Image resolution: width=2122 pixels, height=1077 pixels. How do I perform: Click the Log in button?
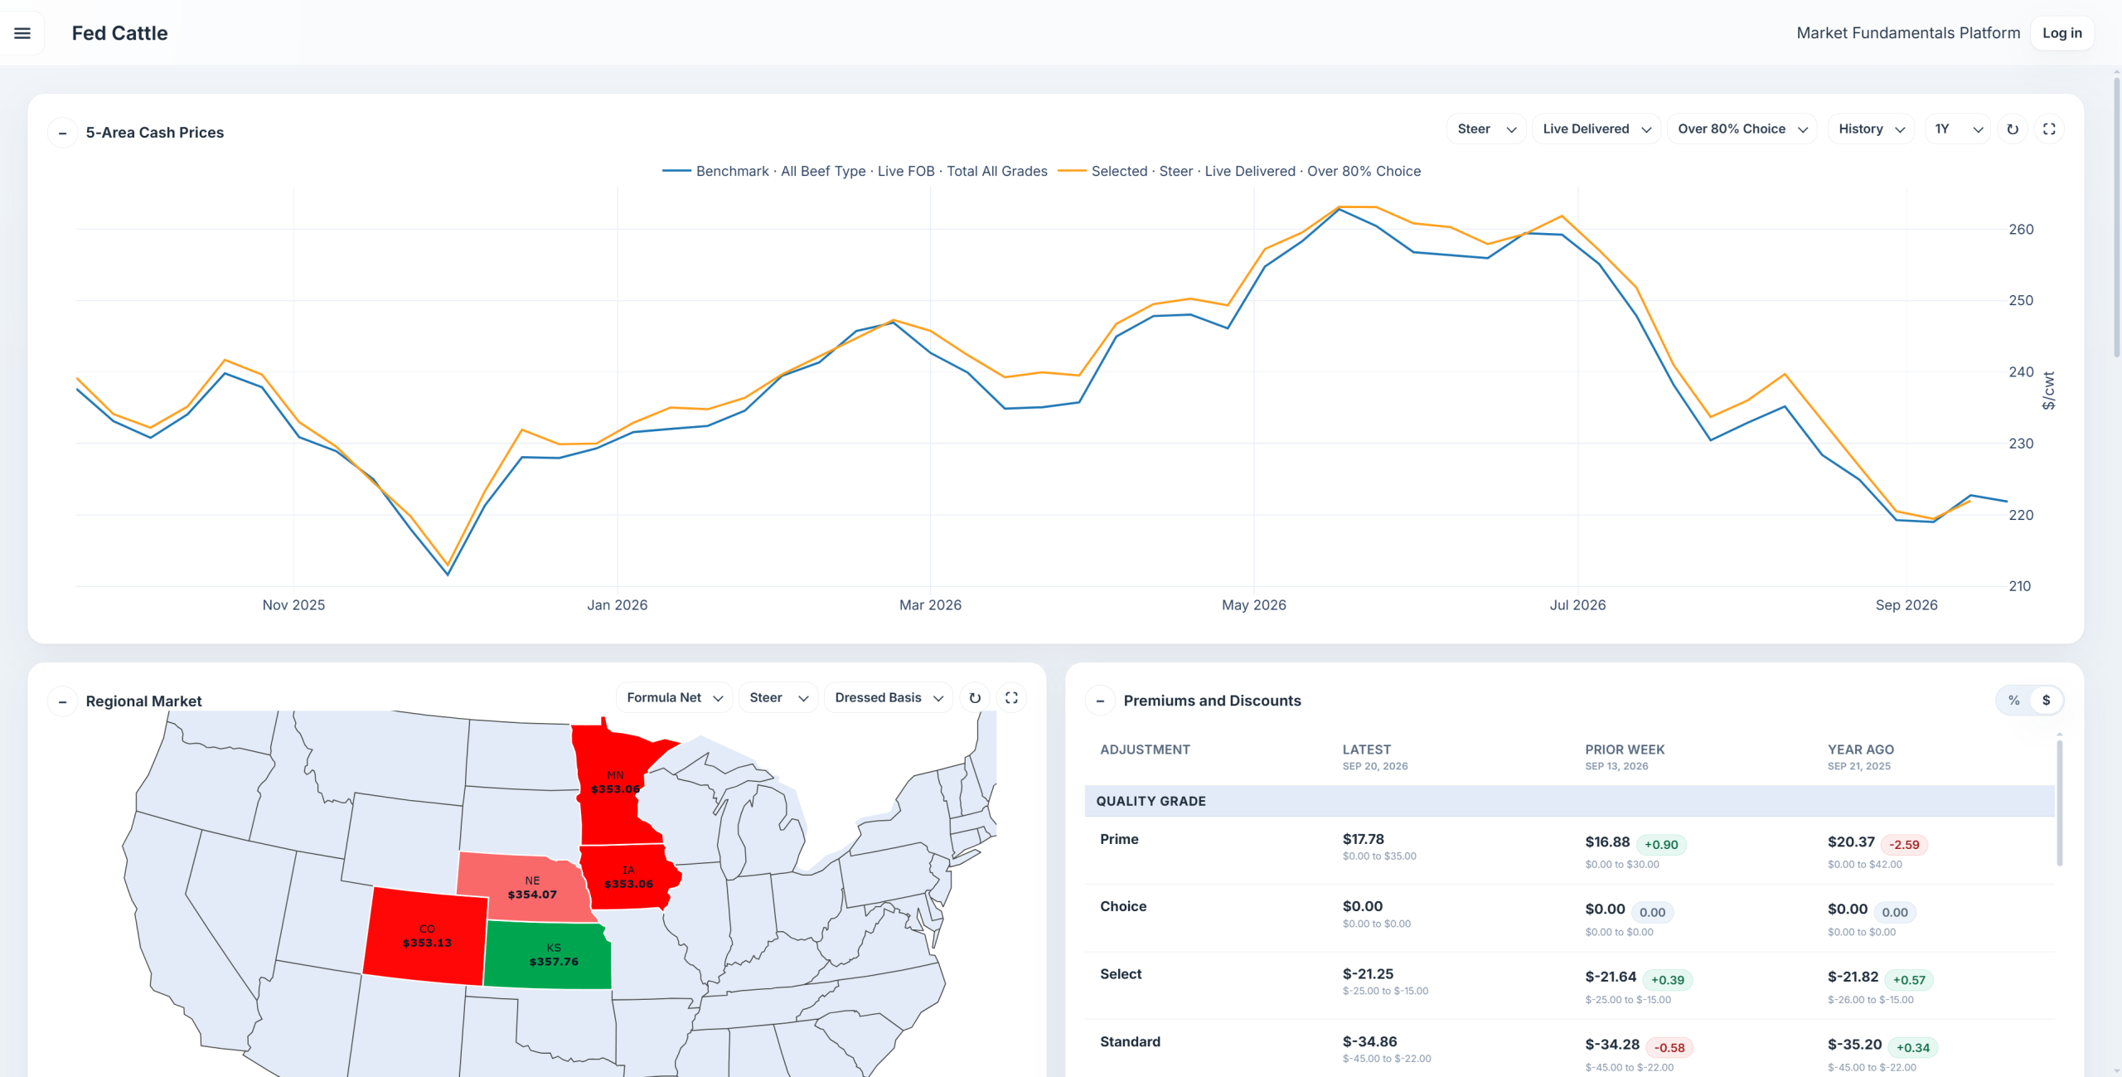point(2061,33)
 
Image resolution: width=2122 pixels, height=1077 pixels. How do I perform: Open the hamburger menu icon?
point(22,33)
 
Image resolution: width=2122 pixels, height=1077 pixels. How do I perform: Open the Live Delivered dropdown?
point(1596,129)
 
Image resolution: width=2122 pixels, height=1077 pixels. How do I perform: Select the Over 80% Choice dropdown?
point(1742,129)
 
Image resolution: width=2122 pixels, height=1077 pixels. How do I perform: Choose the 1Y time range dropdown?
point(1957,129)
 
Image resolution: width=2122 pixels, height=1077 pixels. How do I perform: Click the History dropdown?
point(1871,129)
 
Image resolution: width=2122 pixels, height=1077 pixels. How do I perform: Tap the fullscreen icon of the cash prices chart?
point(2049,129)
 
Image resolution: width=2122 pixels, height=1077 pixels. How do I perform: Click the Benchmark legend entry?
point(855,171)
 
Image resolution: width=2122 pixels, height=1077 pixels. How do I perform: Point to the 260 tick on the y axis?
point(2021,230)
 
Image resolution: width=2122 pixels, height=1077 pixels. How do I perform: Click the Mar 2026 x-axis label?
point(930,605)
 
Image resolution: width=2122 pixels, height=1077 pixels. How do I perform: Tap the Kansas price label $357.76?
point(554,962)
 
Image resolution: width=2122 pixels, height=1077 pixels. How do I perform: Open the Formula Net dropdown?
point(674,698)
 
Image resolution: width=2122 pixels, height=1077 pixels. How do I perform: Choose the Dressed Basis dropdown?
point(888,698)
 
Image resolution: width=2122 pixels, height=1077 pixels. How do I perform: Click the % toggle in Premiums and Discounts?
point(2013,701)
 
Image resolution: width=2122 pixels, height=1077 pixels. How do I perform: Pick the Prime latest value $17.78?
point(1364,839)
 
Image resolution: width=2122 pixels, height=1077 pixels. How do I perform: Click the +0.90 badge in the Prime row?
point(1661,845)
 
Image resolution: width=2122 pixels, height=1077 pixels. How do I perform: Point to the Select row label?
point(1121,974)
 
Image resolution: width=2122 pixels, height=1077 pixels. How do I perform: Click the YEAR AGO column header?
point(1861,750)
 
